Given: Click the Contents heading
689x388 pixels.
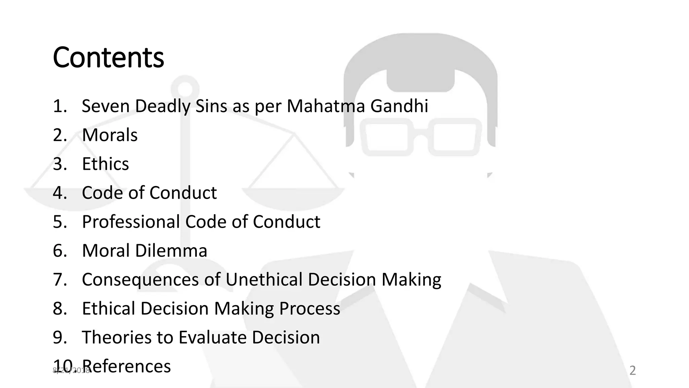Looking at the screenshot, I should pyautogui.click(x=108, y=57).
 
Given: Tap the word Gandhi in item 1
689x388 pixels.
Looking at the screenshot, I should pyautogui.click(x=399, y=106).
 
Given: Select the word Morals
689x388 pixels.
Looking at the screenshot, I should pyautogui.click(x=110, y=135).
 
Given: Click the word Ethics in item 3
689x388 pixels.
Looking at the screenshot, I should pyautogui.click(x=105, y=164).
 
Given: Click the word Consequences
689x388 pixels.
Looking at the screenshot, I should pyautogui.click(x=140, y=280).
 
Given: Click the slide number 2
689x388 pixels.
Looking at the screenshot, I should pyautogui.click(x=632, y=370).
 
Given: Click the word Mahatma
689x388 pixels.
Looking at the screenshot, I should pyautogui.click(x=326, y=106).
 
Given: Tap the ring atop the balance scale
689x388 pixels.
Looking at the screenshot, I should pyautogui.click(x=184, y=88).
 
